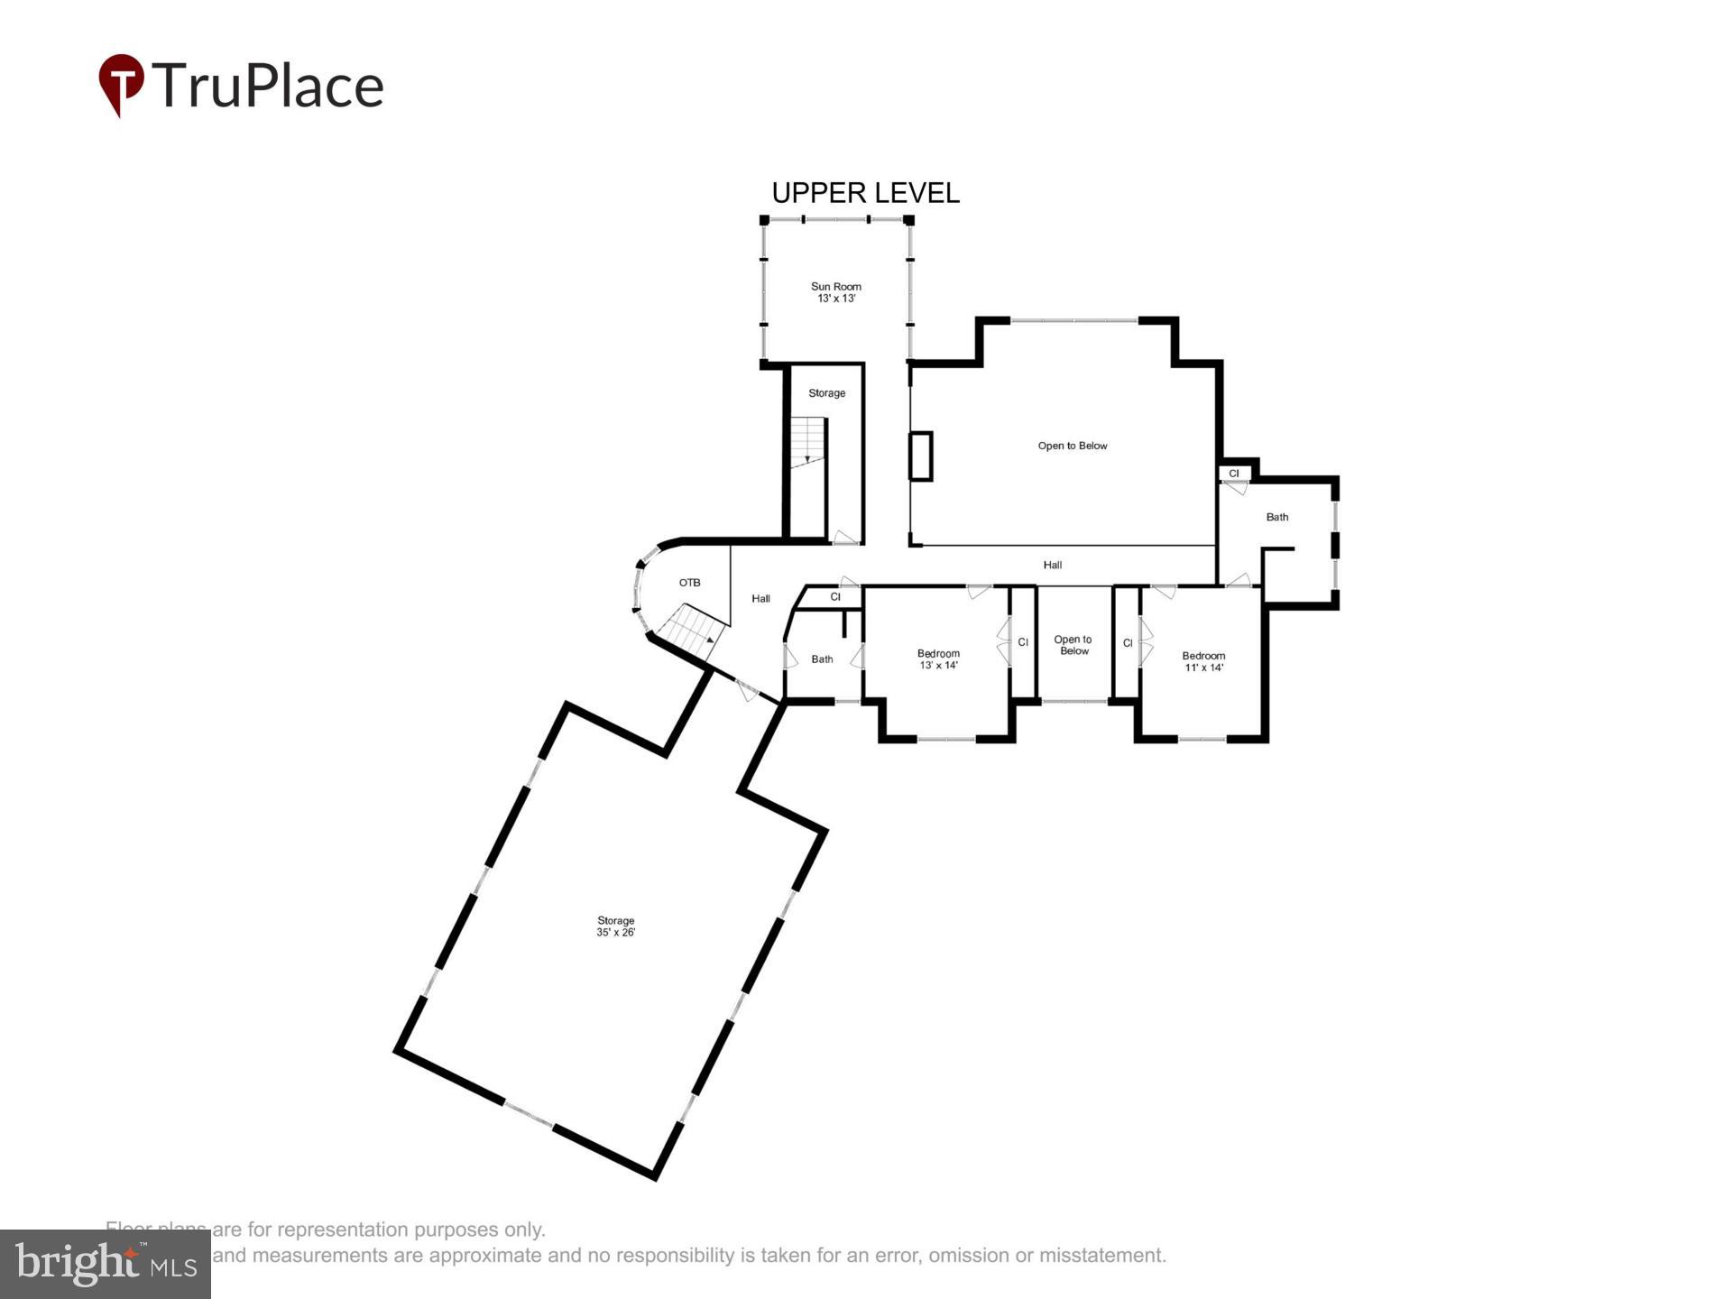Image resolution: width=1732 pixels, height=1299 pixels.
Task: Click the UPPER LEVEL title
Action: coord(865,193)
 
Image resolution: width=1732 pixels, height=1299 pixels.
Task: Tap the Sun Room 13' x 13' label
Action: coord(836,292)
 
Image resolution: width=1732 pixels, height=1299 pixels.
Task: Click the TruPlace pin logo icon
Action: coord(121,84)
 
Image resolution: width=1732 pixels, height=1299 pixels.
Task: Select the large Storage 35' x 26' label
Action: coord(615,926)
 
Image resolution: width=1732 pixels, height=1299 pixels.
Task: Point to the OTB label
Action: coord(689,583)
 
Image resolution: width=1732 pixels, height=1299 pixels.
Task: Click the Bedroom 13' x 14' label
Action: coord(938,659)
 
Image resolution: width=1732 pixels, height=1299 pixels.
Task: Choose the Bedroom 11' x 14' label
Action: coord(1203,661)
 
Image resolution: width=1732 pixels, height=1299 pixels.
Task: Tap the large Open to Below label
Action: coord(1072,446)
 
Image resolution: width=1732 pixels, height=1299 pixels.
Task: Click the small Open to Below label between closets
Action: coord(1073,645)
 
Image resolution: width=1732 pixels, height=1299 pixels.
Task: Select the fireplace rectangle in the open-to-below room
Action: coord(920,456)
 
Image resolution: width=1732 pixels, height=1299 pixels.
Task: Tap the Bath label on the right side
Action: coord(1276,517)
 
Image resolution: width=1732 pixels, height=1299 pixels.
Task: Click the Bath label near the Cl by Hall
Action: coord(822,659)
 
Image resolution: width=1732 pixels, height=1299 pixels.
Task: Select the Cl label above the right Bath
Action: coord(1233,474)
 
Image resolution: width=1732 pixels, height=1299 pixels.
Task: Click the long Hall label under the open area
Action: coord(1052,565)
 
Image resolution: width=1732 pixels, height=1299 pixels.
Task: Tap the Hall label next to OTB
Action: coord(760,598)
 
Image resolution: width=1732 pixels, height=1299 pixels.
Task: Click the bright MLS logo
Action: coord(106,1264)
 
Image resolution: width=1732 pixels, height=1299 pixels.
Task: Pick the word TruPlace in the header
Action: coord(268,86)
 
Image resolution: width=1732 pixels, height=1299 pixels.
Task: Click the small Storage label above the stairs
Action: coord(826,393)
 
